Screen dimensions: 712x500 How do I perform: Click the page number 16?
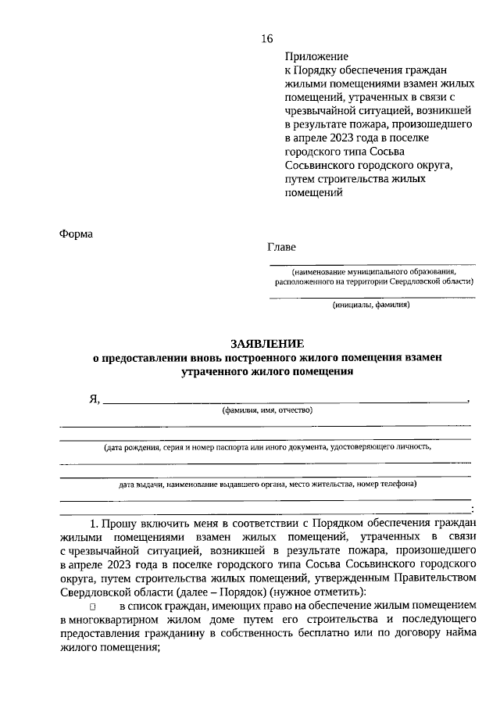266,39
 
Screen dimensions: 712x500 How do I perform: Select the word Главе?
282,247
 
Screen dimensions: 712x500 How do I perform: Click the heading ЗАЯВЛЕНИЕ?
267,342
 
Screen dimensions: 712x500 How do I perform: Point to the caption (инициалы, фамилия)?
370,306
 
